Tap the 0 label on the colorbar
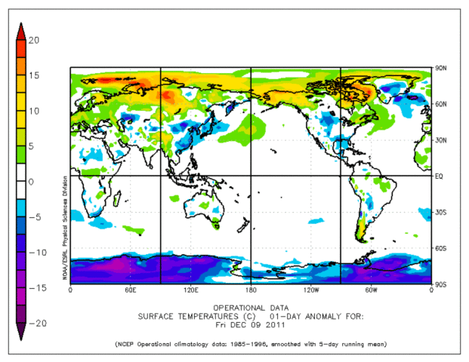[x=32, y=181]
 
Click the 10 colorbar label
[x=34, y=111]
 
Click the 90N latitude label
[x=440, y=69]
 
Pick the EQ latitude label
[x=438, y=176]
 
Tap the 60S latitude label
[x=440, y=248]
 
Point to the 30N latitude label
[x=440, y=140]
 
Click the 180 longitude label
[x=251, y=290]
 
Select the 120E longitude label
[x=190, y=290]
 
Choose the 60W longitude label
[x=371, y=290]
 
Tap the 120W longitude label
[x=310, y=290]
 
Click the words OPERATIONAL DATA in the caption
[x=250, y=308]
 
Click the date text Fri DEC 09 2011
[x=250, y=324]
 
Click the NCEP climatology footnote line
[x=250, y=344]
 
